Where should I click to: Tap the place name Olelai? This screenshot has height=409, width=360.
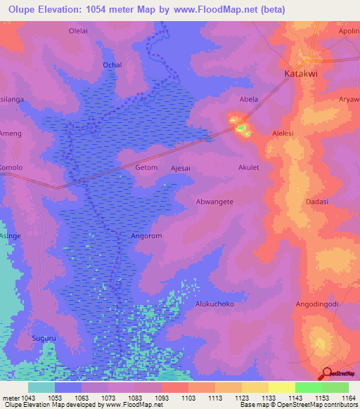pyautogui.click(x=77, y=31)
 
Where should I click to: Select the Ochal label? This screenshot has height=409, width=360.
pyautogui.click(x=112, y=65)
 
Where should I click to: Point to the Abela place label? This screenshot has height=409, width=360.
pyautogui.click(x=249, y=99)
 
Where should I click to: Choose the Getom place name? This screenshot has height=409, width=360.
pyautogui.click(x=146, y=168)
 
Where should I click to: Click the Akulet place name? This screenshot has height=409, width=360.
pyautogui.click(x=249, y=168)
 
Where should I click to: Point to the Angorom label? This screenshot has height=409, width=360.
pyautogui.click(x=147, y=236)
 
